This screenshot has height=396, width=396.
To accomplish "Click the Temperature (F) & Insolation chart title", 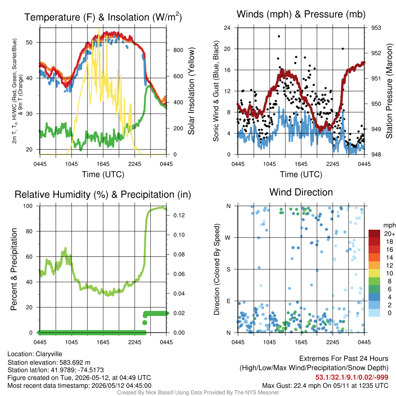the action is tap(103, 17).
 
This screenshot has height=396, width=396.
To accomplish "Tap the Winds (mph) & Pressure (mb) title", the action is tap(301, 14).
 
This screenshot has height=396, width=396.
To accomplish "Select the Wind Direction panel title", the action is tap(301, 192).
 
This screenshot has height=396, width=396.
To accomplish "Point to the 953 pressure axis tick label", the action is tap(376, 28).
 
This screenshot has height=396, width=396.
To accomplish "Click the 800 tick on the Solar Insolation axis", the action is tap(178, 50).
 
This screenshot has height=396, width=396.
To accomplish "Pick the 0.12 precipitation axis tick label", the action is tap(179, 215).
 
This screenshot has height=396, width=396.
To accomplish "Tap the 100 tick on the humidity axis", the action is tap(28, 206).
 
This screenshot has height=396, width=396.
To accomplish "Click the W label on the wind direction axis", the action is tap(228, 238).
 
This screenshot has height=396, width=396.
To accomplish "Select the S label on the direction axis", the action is tap(228, 270).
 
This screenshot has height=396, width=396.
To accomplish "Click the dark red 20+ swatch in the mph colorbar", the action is tap(374, 234).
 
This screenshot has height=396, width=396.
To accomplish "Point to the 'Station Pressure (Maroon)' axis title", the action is tap(389, 91).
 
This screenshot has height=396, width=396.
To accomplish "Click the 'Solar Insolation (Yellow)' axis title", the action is tap(191, 91).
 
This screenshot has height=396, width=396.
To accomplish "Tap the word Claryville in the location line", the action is tap(49, 354).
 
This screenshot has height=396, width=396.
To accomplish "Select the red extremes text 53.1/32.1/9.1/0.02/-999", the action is tap(352, 377).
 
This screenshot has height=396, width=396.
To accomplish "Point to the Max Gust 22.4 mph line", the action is tap(325, 386).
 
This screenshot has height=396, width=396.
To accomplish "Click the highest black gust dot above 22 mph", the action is tap(279, 36).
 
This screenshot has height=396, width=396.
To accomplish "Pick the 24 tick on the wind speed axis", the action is tap(227, 28).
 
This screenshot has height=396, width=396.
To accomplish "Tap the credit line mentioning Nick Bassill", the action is tap(198, 393).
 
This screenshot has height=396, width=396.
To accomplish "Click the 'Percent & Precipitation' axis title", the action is tap(14, 269).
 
